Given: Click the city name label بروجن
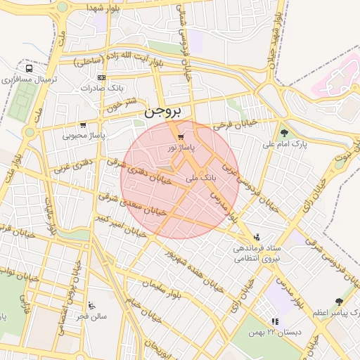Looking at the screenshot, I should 162,112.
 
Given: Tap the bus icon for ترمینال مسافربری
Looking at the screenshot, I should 28,69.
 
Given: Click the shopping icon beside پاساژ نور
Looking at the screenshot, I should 182,136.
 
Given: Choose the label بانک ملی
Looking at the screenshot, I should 201,179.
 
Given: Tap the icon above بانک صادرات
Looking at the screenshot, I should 102,77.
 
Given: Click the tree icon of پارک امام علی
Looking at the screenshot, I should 284,133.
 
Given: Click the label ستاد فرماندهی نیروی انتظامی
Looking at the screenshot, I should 257,254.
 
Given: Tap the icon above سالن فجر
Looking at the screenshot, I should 92,305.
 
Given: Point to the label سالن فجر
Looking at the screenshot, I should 92,316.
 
